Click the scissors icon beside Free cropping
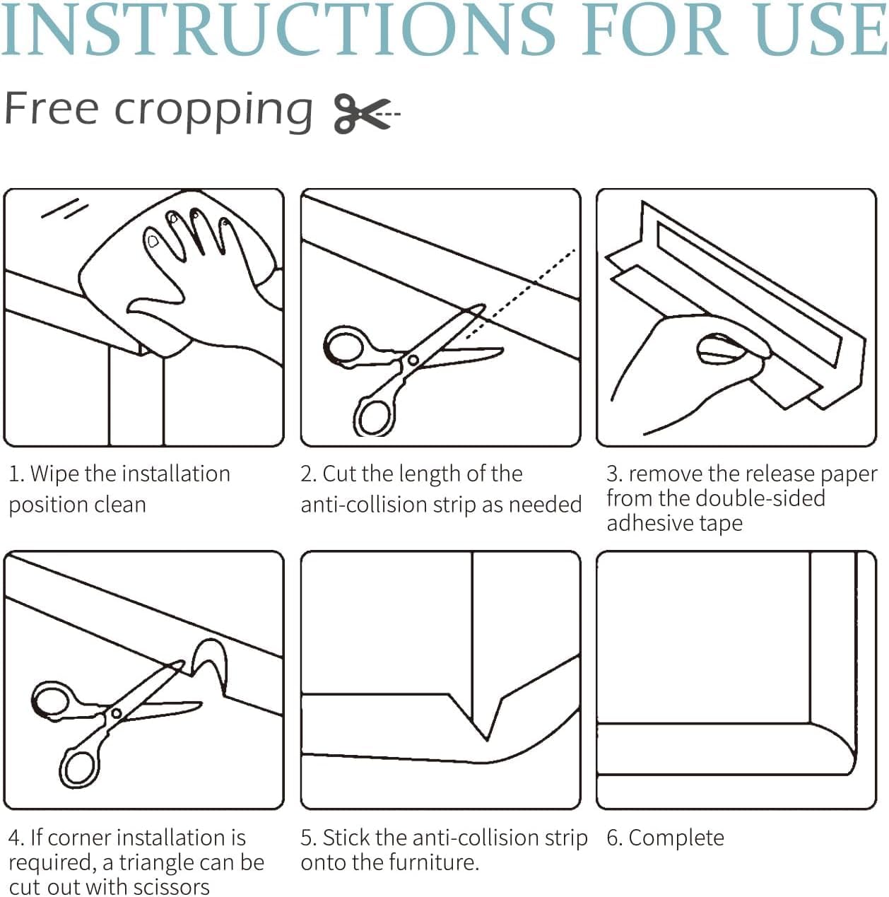366,114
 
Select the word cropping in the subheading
213,112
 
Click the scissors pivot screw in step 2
413,360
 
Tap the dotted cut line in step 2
520,294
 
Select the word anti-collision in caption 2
363,505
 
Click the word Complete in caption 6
676,838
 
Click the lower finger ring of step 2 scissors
375,416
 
